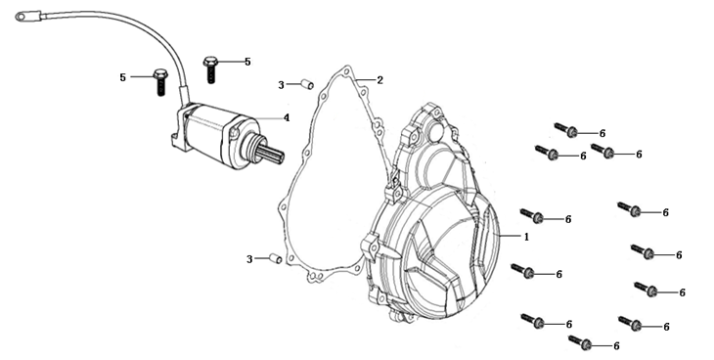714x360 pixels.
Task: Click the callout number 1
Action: [527, 237]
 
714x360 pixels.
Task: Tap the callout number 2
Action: [379, 80]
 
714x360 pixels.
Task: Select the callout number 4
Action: [287, 118]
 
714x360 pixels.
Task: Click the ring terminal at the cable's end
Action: [22, 17]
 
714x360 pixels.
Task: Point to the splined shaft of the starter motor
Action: [272, 154]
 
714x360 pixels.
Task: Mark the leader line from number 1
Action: [510, 236]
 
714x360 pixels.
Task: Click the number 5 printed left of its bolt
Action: [122, 77]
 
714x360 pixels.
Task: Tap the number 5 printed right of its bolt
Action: [247, 62]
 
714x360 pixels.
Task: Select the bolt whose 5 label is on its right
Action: [210, 68]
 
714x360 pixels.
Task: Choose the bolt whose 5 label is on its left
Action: [160, 81]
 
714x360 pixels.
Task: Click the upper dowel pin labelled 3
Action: [307, 85]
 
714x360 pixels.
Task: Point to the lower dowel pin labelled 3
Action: [276, 259]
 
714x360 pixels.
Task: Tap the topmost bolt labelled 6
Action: [566, 130]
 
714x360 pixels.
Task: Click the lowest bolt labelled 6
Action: [580, 342]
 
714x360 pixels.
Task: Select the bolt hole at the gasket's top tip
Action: [347, 71]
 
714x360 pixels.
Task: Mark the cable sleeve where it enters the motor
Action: [185, 95]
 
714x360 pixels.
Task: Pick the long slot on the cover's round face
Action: [481, 237]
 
